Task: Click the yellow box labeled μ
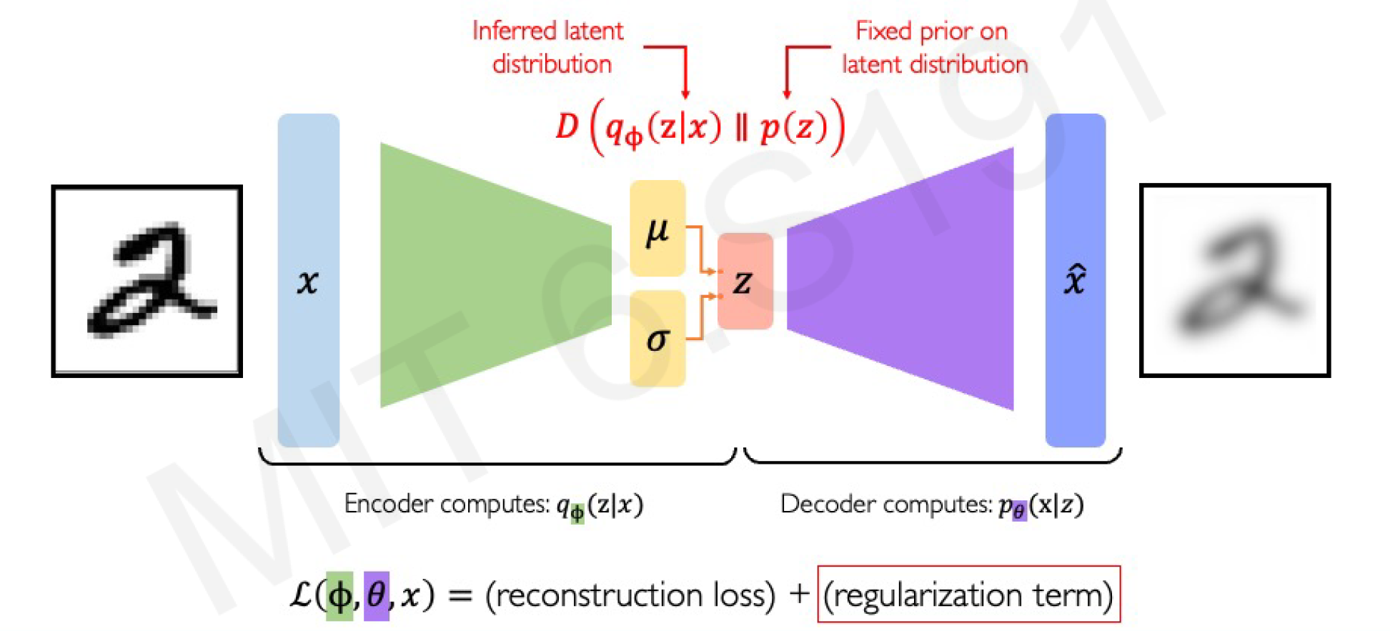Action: [x=657, y=229]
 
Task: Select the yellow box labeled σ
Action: [x=657, y=339]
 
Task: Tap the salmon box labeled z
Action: [x=745, y=282]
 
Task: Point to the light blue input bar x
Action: [x=308, y=280]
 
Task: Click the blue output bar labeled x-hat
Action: [x=1075, y=280]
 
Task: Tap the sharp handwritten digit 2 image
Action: [x=147, y=281]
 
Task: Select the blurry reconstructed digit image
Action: [x=1234, y=280]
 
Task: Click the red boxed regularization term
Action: [x=968, y=595]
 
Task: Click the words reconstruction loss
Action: [x=630, y=595]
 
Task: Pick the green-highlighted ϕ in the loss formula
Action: [x=339, y=595]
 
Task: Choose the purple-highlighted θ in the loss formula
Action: [x=377, y=595]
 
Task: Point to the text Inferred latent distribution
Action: [x=549, y=47]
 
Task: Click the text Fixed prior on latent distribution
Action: [x=933, y=47]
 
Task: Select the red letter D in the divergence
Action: [x=567, y=127]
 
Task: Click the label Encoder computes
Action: [x=447, y=504]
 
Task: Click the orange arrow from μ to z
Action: [x=701, y=250]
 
